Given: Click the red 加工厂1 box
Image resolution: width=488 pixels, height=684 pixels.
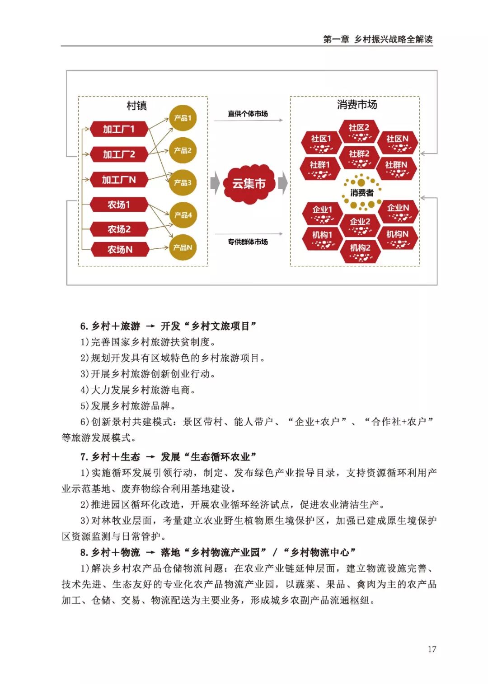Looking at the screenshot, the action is pos(119,129).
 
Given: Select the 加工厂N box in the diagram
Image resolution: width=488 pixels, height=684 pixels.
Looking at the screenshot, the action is pos(119,180).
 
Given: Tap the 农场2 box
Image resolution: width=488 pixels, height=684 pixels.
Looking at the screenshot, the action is pos(119,229).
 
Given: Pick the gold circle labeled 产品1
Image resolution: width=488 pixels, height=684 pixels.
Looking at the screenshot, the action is pos(183,118).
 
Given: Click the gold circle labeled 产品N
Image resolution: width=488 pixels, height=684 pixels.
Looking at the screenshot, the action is pos(183,247).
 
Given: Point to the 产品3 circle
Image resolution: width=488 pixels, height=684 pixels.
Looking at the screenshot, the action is pos(183,182).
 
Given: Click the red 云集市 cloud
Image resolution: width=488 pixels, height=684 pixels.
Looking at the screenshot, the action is pos(249,184).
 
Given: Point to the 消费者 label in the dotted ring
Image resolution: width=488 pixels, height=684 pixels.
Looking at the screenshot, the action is pos(361,193).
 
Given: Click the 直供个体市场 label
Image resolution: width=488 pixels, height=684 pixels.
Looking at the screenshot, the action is pos(248,114).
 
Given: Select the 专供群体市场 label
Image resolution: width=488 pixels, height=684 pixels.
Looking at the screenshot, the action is pos(248,242).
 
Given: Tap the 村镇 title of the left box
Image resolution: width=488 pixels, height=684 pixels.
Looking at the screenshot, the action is pos(136,106).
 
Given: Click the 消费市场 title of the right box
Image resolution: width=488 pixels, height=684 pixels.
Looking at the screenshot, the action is pos(357,105).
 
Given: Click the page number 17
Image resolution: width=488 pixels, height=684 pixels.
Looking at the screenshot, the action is pos(432,649).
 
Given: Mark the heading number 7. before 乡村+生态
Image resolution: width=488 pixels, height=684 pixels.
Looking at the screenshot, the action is pos(84,457).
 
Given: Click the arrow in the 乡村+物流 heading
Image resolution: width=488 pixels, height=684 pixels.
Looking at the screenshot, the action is pos(150,553).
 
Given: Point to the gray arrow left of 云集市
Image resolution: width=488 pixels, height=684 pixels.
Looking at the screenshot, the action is pos(215,183).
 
